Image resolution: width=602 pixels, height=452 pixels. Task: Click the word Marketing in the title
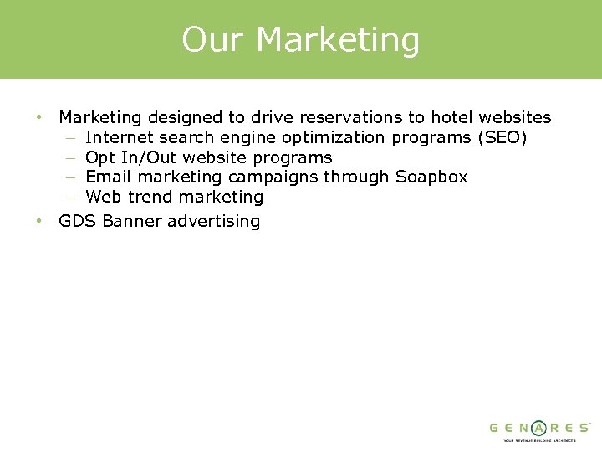pos(338,40)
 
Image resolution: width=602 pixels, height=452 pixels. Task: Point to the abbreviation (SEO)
pos(502,137)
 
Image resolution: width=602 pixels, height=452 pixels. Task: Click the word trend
pos(150,197)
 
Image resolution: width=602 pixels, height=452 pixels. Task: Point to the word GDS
pos(78,221)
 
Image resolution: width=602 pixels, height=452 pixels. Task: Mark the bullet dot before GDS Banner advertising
pos(39,221)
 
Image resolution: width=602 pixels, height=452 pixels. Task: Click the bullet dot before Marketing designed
pos(39,117)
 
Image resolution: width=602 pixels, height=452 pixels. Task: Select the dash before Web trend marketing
pos(69,198)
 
